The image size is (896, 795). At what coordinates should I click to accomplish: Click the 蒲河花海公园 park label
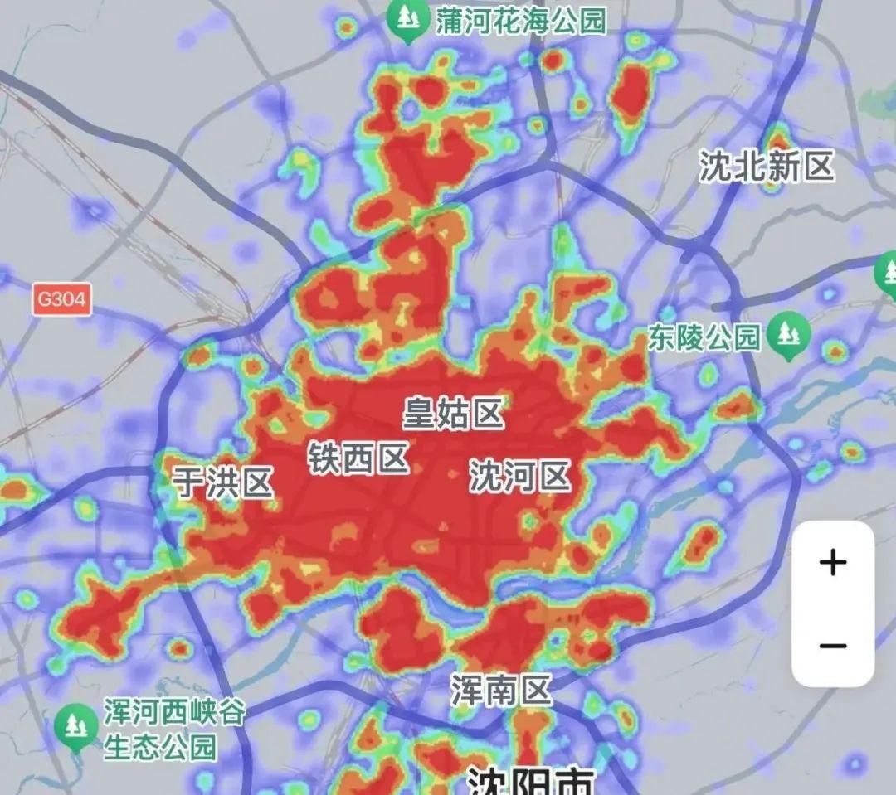click(x=521, y=21)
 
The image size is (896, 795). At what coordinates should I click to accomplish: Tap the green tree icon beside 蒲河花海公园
click(x=407, y=19)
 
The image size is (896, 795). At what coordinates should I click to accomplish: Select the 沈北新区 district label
click(x=766, y=166)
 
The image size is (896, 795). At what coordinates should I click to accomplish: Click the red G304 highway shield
click(x=62, y=299)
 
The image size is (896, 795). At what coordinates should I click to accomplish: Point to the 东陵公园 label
click(x=704, y=337)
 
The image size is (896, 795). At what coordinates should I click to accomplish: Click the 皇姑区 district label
click(x=454, y=413)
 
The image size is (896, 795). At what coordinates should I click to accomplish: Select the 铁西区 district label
click(x=359, y=458)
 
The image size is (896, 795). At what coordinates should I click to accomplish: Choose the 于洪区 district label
click(x=224, y=482)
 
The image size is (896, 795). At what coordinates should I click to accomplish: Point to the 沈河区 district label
click(x=520, y=477)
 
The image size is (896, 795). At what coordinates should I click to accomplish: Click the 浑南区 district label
click(x=502, y=689)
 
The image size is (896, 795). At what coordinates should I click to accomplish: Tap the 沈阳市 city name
click(x=531, y=781)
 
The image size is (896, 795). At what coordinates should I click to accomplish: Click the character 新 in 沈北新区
click(x=783, y=166)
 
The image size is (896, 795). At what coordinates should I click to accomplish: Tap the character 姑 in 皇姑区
click(x=454, y=413)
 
